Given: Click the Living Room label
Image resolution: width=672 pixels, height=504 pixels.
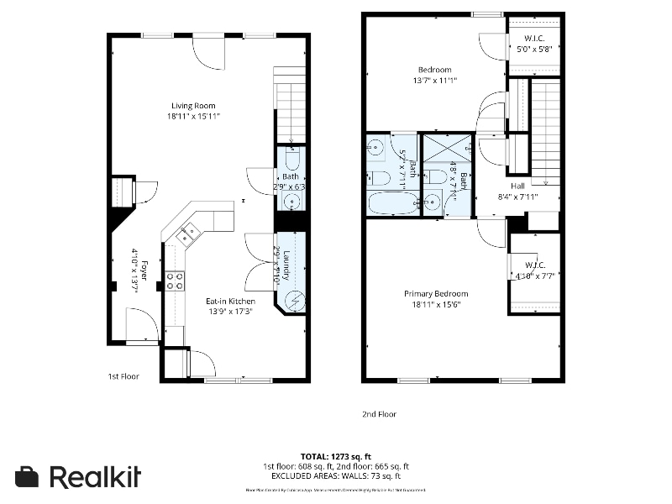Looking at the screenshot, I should pos(193,106).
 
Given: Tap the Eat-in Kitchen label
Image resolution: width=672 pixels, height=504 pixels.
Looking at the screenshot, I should pos(230,301).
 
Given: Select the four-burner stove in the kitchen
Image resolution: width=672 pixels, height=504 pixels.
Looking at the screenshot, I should pos(175,281).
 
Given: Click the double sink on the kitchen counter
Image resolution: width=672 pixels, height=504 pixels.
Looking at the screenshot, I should pos(186,234).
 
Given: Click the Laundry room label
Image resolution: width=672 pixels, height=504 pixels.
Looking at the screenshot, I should pos(286,265).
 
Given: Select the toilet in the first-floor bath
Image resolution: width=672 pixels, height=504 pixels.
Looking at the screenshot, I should pos(291,159).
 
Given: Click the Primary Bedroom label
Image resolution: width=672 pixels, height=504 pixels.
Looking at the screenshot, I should pos(435,294).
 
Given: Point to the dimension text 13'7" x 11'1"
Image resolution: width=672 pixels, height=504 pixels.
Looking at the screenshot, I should pos(434,81).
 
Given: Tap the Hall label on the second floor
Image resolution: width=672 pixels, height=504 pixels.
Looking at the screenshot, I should pos(517,186).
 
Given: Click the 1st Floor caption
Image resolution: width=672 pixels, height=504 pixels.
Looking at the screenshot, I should pos(123,376).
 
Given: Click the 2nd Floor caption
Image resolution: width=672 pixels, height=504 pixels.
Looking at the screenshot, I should pos(379,414).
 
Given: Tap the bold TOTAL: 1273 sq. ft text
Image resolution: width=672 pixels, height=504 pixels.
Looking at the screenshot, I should pos(335,456).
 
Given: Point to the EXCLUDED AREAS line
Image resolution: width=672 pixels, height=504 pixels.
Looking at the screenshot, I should pos(335,476).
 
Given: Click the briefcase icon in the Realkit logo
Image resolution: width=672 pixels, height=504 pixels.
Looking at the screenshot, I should pos(28,477).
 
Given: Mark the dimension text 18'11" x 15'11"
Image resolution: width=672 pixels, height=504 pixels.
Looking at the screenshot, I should pos(193,117).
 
